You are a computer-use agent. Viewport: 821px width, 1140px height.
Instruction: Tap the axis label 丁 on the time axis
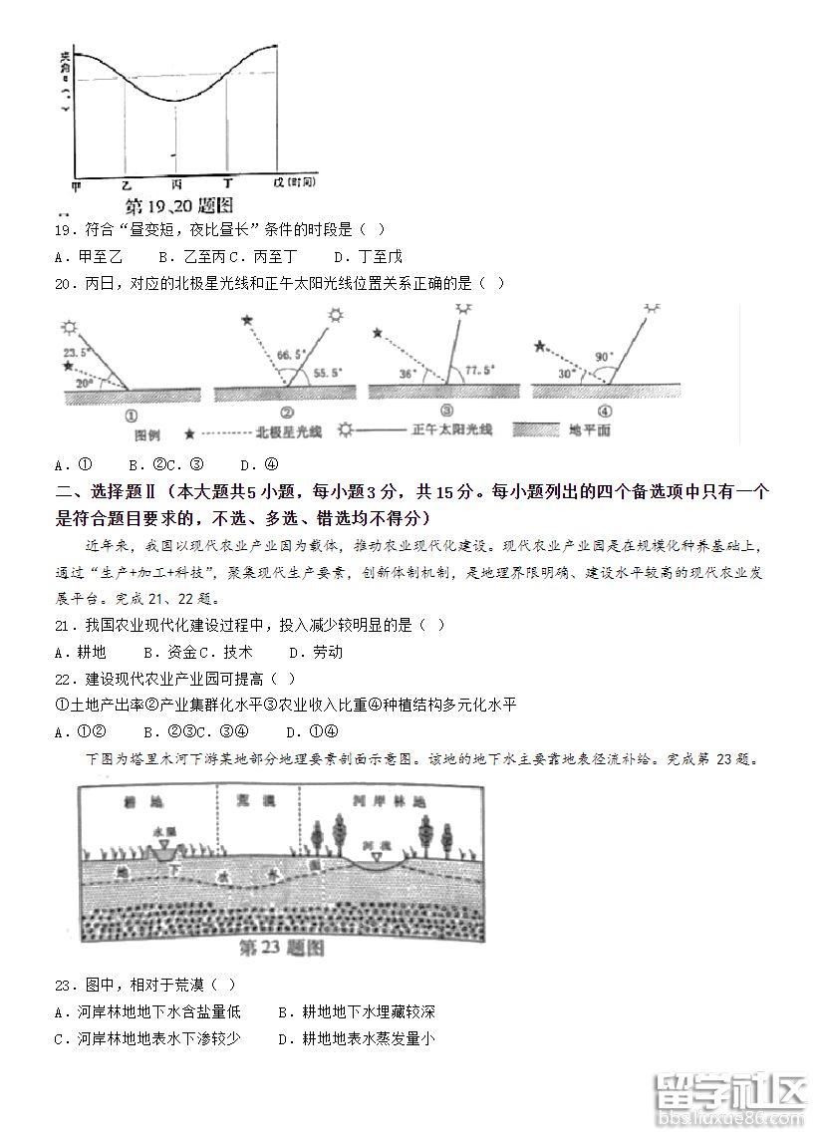click(x=228, y=184)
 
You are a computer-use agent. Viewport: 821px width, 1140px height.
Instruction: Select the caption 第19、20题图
click(x=179, y=206)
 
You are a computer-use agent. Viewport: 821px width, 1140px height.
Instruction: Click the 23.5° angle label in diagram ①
click(x=77, y=352)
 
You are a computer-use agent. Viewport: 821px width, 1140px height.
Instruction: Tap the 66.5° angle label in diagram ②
click(x=291, y=354)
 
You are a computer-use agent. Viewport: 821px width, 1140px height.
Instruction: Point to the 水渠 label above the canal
click(x=164, y=831)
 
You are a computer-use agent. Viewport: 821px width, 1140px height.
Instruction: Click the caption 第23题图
click(x=283, y=948)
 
